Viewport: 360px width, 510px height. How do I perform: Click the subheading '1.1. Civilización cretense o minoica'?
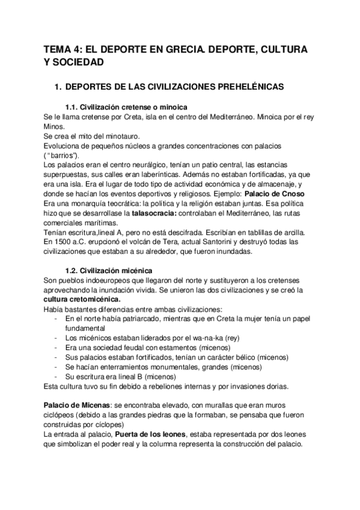[127, 106]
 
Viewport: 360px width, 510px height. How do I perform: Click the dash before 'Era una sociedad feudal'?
[56, 348]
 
